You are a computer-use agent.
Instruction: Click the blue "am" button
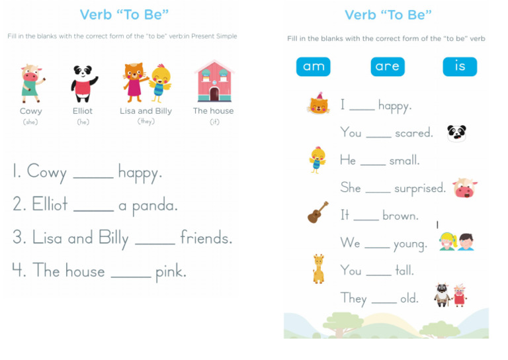(313, 67)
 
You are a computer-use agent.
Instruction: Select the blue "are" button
(387, 67)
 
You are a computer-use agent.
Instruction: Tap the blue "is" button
(460, 67)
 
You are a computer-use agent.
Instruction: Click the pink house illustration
(214, 82)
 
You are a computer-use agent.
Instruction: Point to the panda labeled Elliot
(83, 83)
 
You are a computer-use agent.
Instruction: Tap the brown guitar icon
(318, 212)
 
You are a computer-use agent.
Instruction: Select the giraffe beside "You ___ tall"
(318, 269)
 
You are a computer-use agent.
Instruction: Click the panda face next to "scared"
(456, 133)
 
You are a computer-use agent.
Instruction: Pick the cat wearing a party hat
(318, 104)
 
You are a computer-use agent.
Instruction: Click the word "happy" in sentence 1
(140, 173)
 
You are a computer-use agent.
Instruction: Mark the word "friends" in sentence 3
(206, 238)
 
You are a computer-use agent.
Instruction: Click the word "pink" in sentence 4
(171, 271)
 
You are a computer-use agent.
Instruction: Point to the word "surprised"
(420, 189)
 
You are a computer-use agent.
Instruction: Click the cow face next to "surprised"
(465, 189)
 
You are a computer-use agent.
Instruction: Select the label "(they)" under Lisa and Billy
(146, 122)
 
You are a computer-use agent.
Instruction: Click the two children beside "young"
(456, 242)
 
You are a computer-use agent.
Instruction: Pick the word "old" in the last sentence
(409, 298)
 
